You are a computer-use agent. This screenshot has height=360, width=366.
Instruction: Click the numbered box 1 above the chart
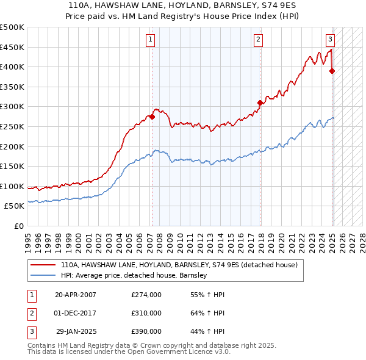tap(150, 40)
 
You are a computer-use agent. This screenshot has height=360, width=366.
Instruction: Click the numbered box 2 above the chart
tap(259, 40)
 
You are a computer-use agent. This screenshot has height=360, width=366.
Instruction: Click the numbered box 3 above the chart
tap(330, 40)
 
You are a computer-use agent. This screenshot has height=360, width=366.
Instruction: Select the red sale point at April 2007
tap(152, 117)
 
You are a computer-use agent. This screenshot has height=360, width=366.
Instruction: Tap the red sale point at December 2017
tap(260, 103)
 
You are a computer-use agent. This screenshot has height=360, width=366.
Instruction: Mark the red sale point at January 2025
tap(332, 71)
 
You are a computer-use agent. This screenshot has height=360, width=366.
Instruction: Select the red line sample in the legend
tap(44, 265)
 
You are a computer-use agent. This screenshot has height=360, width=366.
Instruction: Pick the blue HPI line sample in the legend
tap(44, 275)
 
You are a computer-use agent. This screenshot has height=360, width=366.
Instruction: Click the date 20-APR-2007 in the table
tap(75, 295)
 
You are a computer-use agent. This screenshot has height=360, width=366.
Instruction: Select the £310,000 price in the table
tap(146, 313)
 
